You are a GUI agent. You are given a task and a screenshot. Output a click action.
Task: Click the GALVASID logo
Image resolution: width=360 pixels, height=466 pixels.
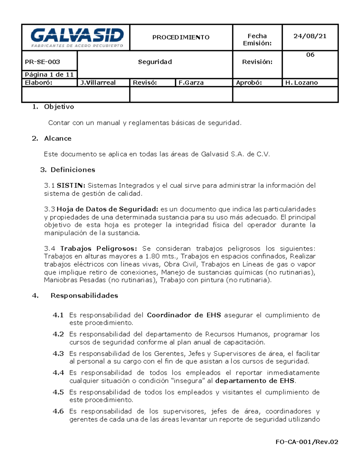77,38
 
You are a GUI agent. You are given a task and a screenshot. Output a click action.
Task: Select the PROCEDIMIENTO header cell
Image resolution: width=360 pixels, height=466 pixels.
181,37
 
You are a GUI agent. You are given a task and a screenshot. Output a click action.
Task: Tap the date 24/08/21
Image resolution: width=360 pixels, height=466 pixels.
310,36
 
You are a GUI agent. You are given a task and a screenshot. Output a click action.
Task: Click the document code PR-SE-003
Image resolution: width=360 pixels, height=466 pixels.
42,62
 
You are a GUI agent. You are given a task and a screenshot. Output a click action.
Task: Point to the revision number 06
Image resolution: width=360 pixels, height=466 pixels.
310,55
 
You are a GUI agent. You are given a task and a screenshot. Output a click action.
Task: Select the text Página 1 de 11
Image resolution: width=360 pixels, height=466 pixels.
49,74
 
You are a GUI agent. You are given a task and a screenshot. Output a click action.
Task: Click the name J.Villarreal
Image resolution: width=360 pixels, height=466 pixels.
98,83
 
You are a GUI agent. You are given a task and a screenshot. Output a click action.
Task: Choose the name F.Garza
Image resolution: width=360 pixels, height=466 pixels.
191,83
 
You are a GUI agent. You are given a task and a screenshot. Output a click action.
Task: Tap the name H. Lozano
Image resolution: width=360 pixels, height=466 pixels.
301,83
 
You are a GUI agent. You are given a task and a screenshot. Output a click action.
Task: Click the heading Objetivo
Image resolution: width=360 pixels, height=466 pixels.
59,107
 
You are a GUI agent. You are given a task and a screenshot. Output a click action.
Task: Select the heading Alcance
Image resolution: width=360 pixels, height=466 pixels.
58,138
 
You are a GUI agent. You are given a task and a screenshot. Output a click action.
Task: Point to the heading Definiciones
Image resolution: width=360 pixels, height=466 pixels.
73,170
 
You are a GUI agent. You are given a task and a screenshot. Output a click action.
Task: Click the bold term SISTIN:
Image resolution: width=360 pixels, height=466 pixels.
71,185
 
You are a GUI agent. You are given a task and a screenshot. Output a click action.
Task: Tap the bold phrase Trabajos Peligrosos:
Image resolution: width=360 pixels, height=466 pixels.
99,248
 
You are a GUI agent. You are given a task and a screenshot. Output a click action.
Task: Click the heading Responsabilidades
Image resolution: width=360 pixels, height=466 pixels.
84,296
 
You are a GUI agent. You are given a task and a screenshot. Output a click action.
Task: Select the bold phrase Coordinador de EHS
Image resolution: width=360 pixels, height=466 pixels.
184,315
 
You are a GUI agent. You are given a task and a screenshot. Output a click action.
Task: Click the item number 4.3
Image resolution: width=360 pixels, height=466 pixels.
58,353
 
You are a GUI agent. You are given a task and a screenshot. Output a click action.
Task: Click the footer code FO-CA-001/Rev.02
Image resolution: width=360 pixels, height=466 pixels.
307,442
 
